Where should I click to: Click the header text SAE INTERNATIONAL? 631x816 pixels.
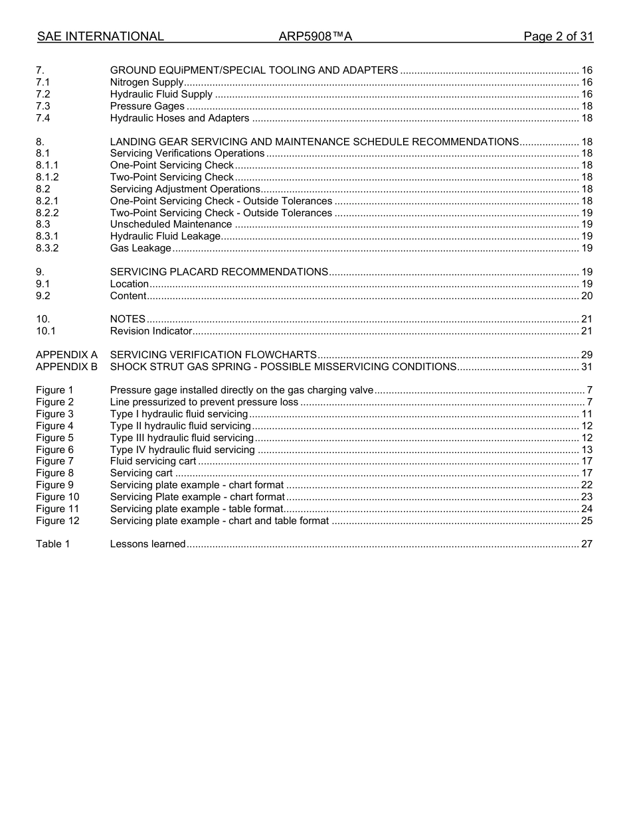pos(100,36)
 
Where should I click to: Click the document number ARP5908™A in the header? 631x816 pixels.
pos(315,36)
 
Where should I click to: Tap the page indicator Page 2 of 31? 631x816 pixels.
pos(558,36)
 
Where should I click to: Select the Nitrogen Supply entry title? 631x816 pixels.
pos(147,82)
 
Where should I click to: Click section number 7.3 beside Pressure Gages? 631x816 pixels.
pos(43,106)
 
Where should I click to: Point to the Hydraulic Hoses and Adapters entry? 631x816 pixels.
pos(179,118)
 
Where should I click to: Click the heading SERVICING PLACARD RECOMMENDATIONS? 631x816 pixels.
pos(219,272)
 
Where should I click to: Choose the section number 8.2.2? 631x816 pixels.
pos(47,213)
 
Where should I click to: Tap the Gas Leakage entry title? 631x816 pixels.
pos(140,248)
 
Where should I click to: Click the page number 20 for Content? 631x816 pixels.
pos(586,296)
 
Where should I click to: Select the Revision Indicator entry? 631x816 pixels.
pos(151,331)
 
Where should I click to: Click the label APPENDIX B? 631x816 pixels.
pos(66,367)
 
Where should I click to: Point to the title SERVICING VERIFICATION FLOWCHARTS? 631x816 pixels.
pos(213,355)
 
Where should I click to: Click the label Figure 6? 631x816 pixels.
pos(54,450)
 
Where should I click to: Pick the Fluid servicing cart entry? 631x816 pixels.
pos(153,461)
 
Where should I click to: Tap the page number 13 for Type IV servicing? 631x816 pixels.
pos(586,450)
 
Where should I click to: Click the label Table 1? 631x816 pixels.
pos(52,544)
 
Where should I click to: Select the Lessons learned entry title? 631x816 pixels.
pos(147,544)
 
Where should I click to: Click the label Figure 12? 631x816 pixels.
pos(57,521)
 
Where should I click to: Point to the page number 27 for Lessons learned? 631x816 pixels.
pos(586,544)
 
